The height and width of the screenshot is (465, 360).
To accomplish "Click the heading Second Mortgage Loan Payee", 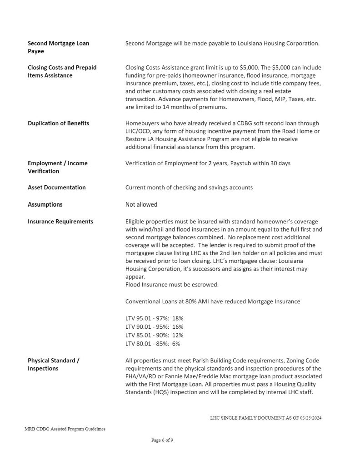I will [x=58, y=47].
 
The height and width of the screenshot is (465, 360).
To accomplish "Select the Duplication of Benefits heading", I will [x=58, y=123].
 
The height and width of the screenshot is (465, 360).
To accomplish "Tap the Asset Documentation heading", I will [x=56, y=187].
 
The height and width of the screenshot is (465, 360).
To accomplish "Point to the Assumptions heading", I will [x=45, y=204].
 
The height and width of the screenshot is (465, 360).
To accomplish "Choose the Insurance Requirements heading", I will [x=60, y=222].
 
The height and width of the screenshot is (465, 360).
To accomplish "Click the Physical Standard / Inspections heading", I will [x=54, y=364].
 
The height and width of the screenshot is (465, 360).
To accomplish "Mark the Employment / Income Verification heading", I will [x=58, y=167].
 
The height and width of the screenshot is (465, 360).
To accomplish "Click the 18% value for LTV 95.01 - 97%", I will [x=178, y=318].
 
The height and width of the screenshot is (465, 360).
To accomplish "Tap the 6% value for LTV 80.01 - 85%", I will [x=176, y=343].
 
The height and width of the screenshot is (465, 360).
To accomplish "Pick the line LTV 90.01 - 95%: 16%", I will [x=154, y=326].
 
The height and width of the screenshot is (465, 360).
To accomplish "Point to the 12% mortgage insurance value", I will [x=178, y=335].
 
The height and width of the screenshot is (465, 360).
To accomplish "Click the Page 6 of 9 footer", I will [x=162, y=440].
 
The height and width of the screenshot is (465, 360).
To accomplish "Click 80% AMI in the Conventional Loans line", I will [x=197, y=302].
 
